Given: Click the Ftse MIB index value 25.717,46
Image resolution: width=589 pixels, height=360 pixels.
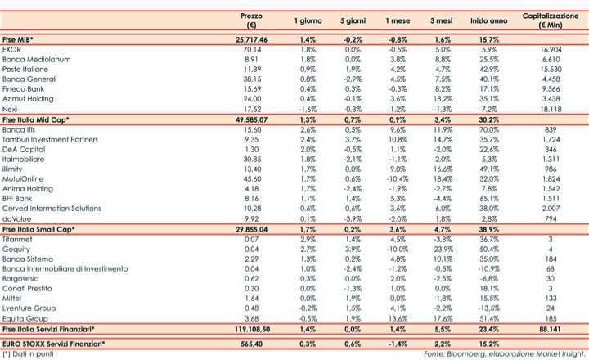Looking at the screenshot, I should (251, 39).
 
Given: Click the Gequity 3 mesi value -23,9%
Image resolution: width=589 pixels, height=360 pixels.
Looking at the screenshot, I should (443, 249).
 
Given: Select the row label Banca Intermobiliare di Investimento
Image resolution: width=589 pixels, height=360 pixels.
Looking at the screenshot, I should (65, 268).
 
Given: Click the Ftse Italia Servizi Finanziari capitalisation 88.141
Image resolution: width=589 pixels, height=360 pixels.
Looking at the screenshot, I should (551, 327).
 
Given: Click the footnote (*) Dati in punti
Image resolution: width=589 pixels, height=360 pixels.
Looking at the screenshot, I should (28, 354).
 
